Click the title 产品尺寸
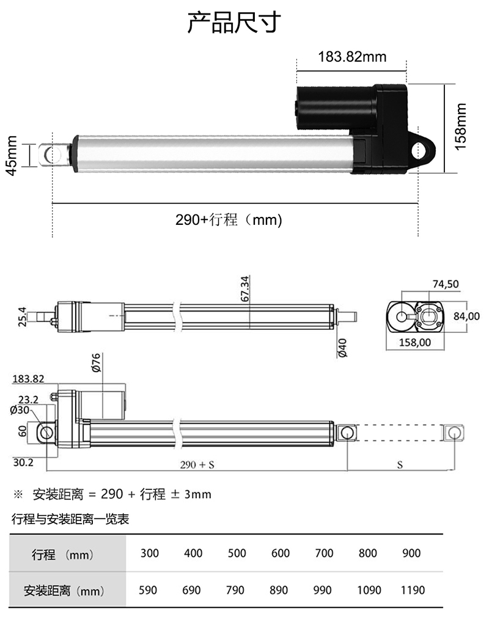(234, 23)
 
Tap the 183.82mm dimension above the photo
(352, 57)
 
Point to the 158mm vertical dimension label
(460, 126)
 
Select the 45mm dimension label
(12, 155)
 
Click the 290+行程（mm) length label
(229, 219)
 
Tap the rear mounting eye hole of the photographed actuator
(421, 150)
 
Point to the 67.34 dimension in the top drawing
(245, 288)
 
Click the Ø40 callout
(342, 348)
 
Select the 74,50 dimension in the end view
(446, 284)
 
